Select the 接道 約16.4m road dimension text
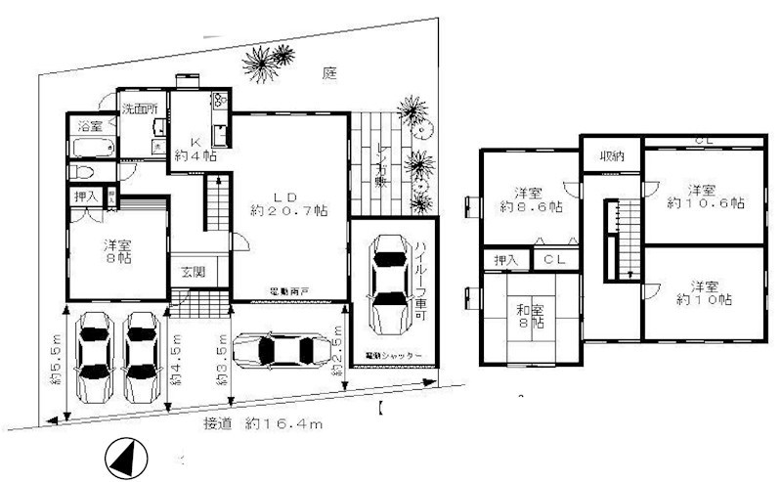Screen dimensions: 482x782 tap(264, 424)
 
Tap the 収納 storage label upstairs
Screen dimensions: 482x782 tap(612, 156)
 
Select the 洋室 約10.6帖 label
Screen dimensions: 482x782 tap(702, 196)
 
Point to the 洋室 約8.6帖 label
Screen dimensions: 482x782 tap(529, 199)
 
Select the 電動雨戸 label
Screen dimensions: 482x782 tap(290, 291)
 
